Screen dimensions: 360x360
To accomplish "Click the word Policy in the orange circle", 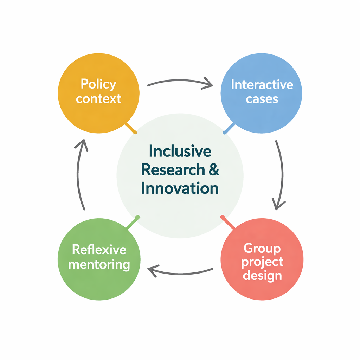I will tap(98, 85).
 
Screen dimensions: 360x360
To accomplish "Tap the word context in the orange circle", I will tap(98, 99).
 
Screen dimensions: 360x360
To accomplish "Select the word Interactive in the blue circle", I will tap(262, 85).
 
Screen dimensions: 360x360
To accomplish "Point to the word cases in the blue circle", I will tap(262, 99).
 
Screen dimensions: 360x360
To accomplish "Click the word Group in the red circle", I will tap(262, 249).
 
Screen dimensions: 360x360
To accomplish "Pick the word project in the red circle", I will tap(262, 262).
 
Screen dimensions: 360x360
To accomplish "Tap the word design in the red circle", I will tap(262, 275).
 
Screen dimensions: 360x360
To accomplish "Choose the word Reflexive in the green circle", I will tap(99, 250).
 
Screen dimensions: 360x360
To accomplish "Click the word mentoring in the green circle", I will tap(99, 264).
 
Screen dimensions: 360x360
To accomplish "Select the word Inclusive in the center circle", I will tap(180, 151).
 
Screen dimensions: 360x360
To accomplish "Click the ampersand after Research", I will tap(213, 170).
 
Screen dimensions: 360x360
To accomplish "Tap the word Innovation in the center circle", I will tap(180, 188).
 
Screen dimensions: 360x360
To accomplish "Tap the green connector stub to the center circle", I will tap(133, 223).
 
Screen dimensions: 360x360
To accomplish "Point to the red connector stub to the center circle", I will tap(228, 222).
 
